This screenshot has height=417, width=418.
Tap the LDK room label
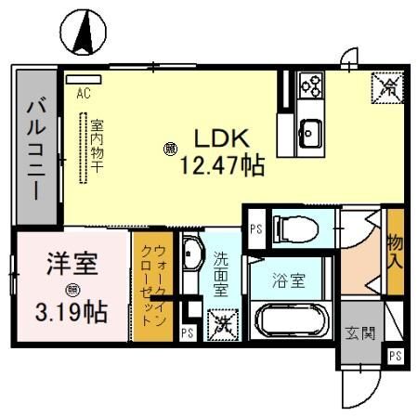point(219,137)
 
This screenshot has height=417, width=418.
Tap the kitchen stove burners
point(310,87)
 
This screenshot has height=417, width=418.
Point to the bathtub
point(291,325)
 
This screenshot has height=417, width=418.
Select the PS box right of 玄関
point(396,355)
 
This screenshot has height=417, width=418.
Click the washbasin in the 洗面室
point(192,255)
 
